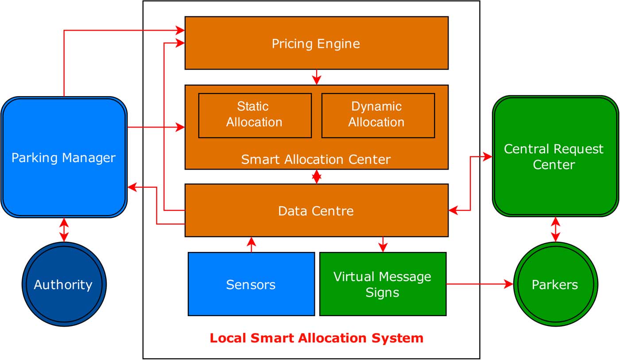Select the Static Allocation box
coord(255,115)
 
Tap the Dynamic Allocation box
coord(378,115)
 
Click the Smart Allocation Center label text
coord(316,159)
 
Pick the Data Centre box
coord(316,210)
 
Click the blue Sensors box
coord(251,284)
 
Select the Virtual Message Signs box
coord(383,284)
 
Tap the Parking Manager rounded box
coord(64,157)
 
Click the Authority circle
coord(64,284)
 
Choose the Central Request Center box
coord(555,156)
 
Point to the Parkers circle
coord(555,284)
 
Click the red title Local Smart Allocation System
coord(316,338)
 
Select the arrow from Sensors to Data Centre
coord(252,244)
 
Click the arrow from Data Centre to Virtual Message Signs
coord(383,244)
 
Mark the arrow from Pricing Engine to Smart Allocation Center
coord(317,77)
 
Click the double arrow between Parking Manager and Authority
coord(64,230)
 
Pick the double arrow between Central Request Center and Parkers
coord(555,230)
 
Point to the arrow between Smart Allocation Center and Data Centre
coord(317,177)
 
